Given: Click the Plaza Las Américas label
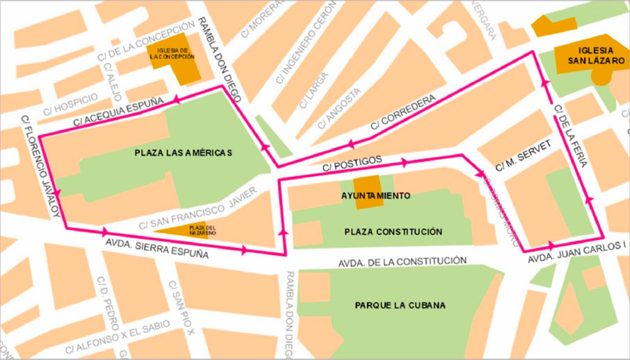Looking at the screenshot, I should point(183,153).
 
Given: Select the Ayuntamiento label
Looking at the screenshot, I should point(375,196).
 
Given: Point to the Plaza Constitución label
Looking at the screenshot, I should point(393,231).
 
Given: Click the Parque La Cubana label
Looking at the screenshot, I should point(400,305).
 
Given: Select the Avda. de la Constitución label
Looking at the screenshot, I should point(402,262).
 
